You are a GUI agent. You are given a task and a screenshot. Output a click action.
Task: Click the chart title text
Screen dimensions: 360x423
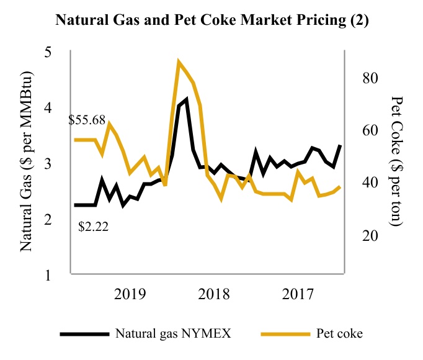211,19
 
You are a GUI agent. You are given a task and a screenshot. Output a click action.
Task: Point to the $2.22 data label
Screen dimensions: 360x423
94,227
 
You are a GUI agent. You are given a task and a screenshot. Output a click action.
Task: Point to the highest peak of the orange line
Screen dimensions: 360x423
179,62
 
